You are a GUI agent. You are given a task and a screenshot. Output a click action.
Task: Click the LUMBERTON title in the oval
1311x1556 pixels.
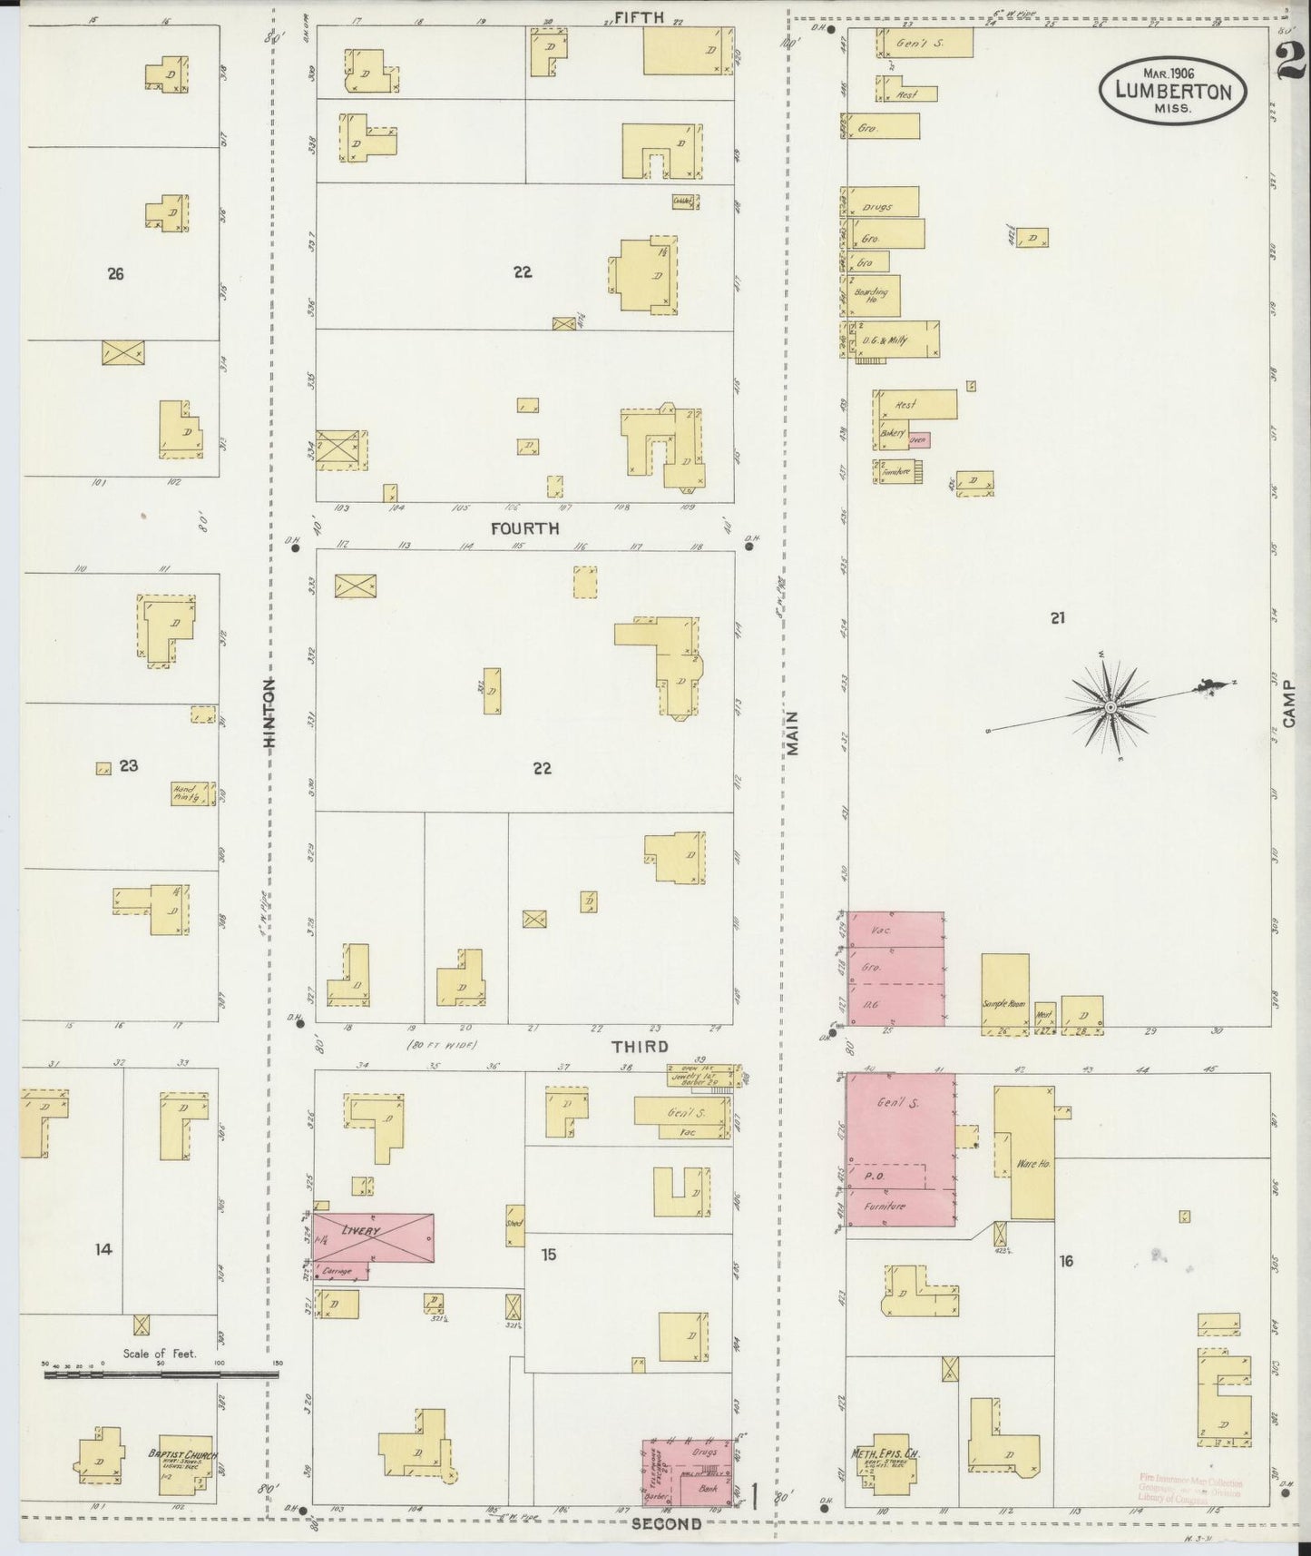tap(1173, 91)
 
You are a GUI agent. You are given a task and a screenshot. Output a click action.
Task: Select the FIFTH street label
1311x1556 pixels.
tap(639, 16)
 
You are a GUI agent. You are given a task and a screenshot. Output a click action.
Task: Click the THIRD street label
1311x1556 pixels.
tap(641, 1047)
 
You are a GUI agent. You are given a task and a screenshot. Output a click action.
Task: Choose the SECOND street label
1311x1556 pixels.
tap(666, 1524)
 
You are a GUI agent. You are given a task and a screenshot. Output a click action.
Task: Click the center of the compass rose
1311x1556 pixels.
tap(1110, 706)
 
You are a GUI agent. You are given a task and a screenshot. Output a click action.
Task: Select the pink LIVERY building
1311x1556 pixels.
tap(373, 1236)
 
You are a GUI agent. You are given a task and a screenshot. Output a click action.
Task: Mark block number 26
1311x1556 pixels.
tap(115, 273)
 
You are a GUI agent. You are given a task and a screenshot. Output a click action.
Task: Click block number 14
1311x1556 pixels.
tap(103, 1249)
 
